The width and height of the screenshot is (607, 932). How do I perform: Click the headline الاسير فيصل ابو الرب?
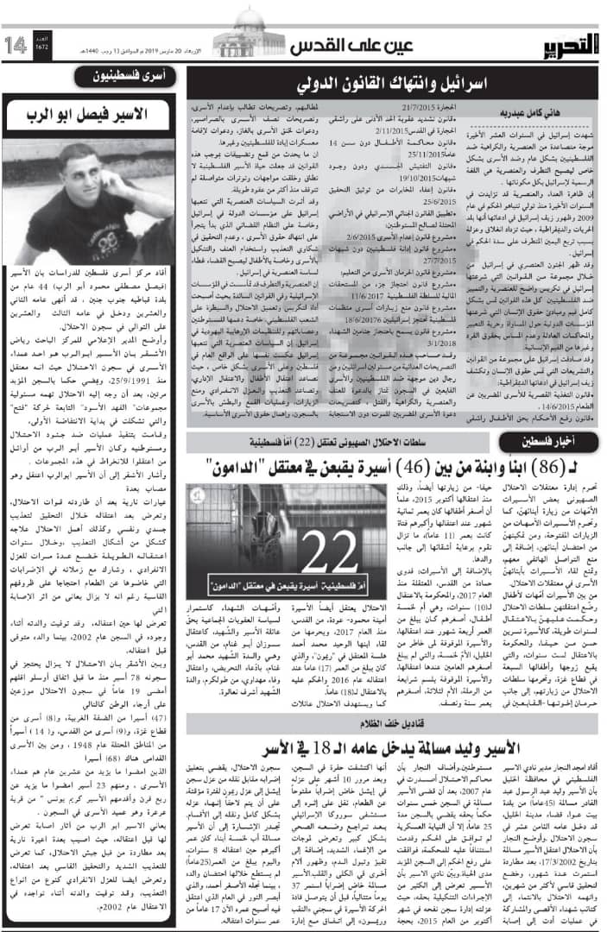(93, 113)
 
